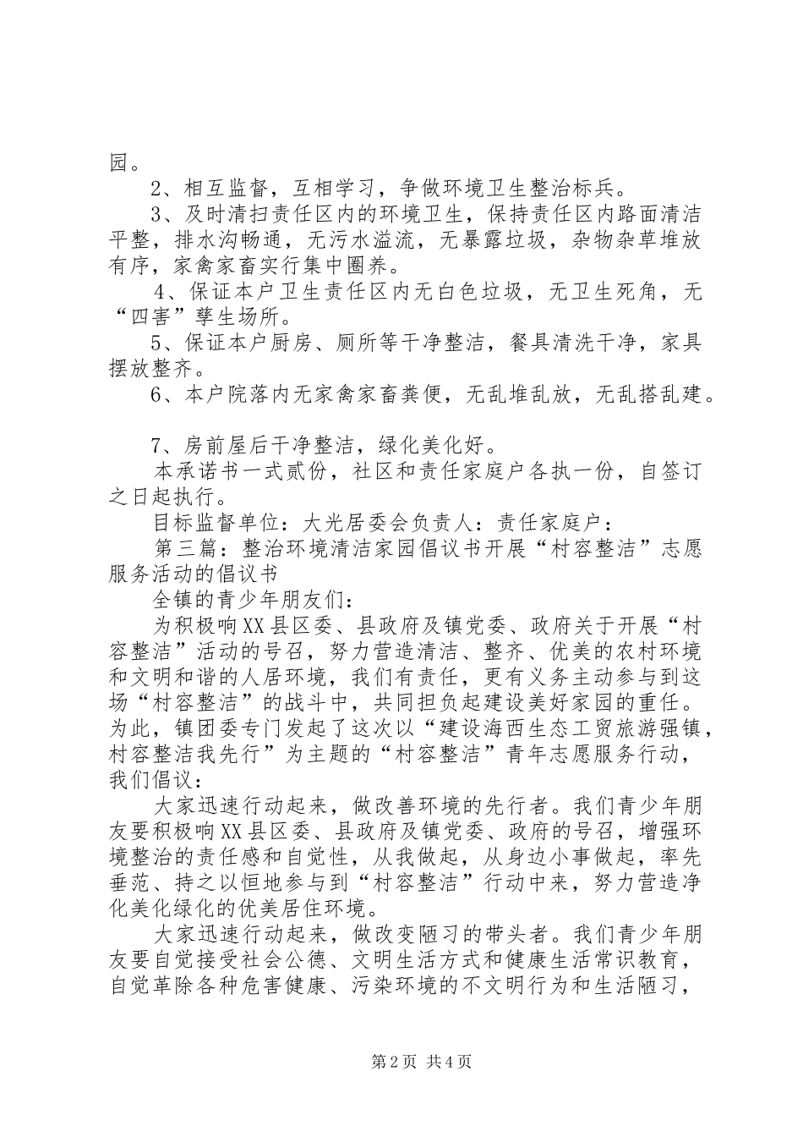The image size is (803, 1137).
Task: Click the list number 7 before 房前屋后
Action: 156,444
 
